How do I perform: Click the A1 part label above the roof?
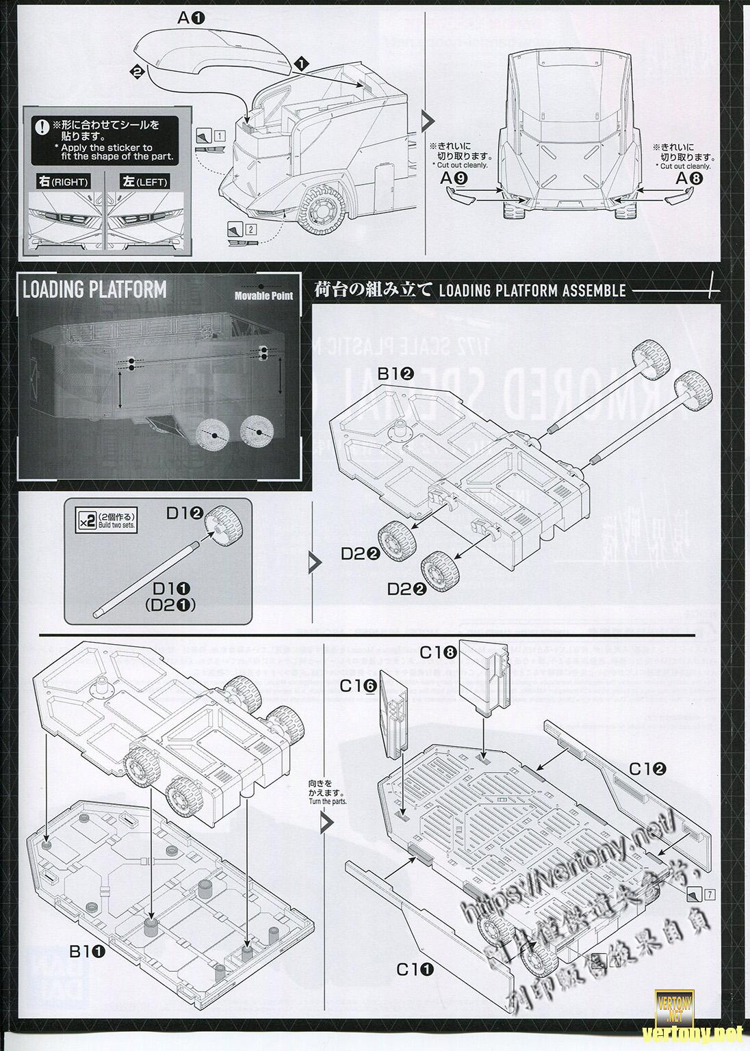(191, 18)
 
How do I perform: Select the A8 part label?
(688, 179)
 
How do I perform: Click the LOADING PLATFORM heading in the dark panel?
(94, 289)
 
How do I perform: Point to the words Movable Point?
(263, 295)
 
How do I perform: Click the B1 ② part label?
(396, 374)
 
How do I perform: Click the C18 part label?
(438, 652)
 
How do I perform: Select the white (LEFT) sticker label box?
(144, 182)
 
